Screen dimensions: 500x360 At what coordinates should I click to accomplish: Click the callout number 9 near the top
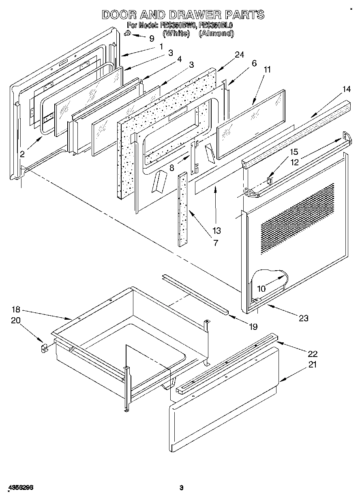click(x=152, y=39)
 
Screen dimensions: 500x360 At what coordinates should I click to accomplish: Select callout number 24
click(x=239, y=55)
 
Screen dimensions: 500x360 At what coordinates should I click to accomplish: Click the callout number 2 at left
click(x=22, y=154)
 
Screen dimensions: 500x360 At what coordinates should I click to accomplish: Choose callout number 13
click(x=216, y=231)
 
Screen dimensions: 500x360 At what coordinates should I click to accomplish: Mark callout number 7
click(x=215, y=243)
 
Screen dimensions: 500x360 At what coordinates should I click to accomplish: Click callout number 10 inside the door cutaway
click(x=261, y=288)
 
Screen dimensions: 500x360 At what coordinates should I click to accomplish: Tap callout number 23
click(x=304, y=318)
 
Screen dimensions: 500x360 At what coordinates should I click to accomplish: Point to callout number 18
click(x=15, y=310)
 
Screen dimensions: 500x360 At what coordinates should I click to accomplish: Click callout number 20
click(x=15, y=321)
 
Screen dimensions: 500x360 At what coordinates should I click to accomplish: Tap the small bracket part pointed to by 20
click(x=44, y=348)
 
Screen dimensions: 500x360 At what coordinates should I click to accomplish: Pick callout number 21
click(x=312, y=364)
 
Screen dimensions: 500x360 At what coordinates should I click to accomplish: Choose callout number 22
click(x=312, y=353)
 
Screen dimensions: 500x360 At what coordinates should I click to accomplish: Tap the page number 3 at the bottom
click(x=181, y=488)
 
